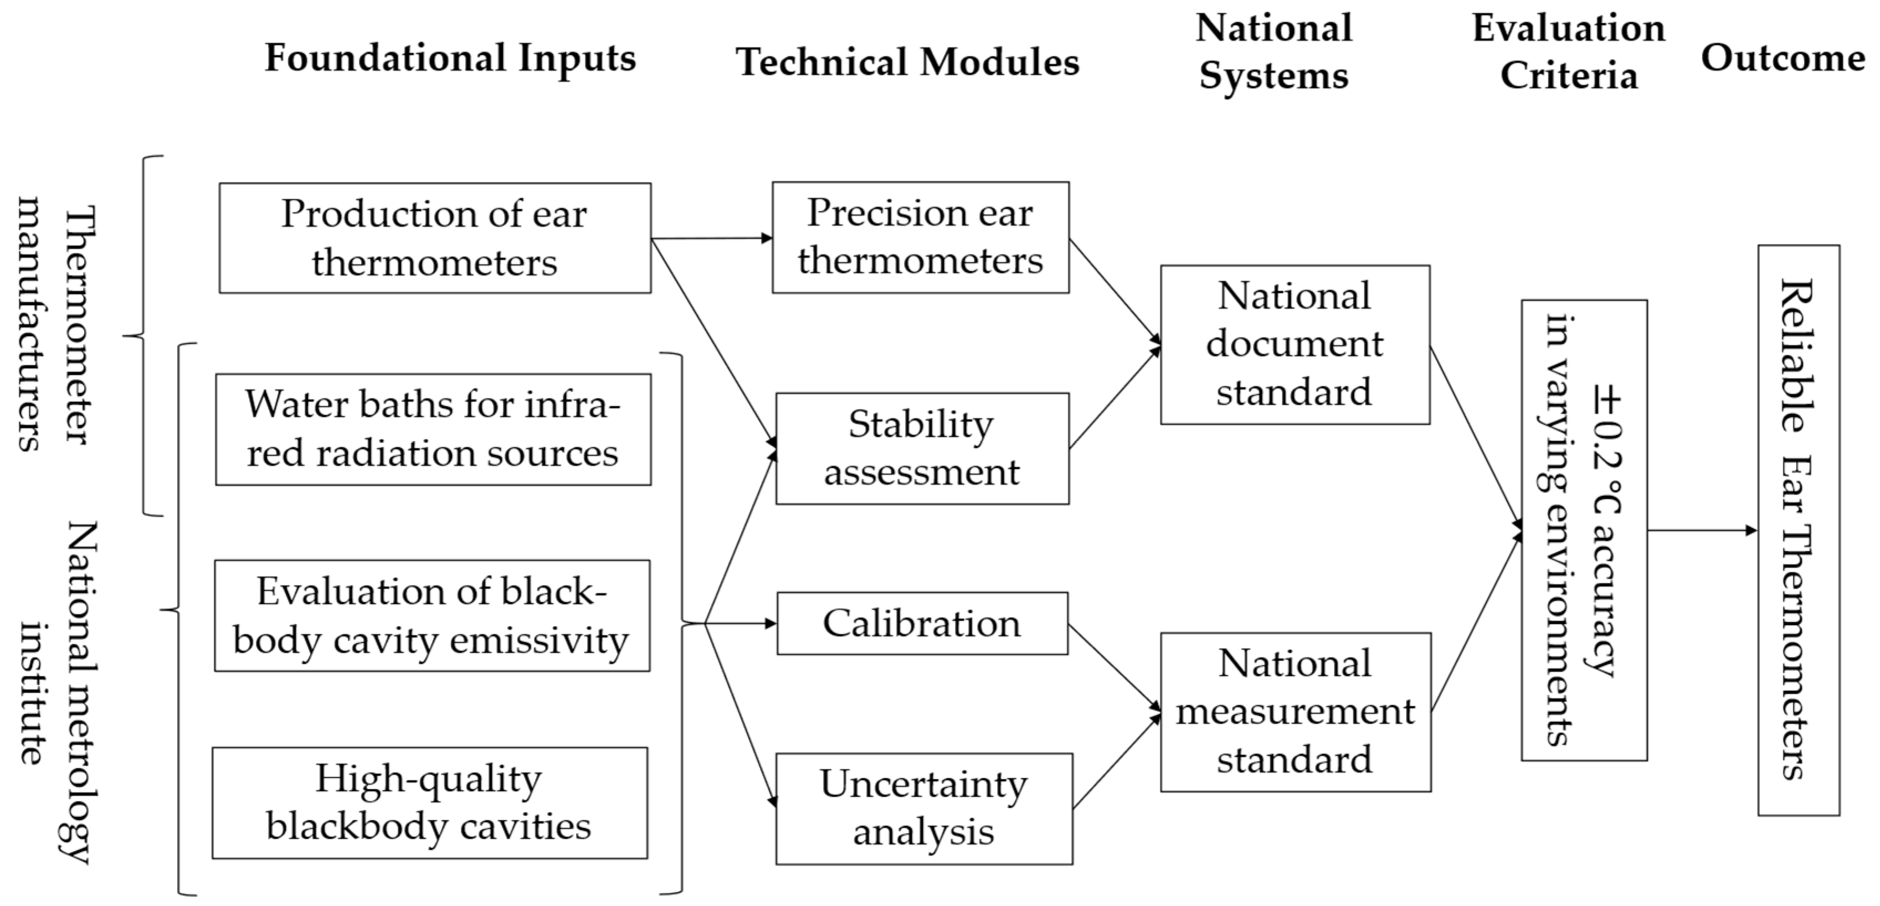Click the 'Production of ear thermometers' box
click(434, 238)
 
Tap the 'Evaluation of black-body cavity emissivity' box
click(432, 615)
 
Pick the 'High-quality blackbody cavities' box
click(429, 803)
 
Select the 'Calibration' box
click(922, 623)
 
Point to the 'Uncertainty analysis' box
click(923, 808)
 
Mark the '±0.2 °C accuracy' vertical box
click(1583, 530)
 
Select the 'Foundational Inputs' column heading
click(450, 58)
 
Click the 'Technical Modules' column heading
click(907, 61)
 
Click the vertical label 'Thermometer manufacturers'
click(55, 324)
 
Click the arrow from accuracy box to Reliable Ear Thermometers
click(1701, 530)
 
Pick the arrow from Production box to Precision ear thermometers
click(712, 238)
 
